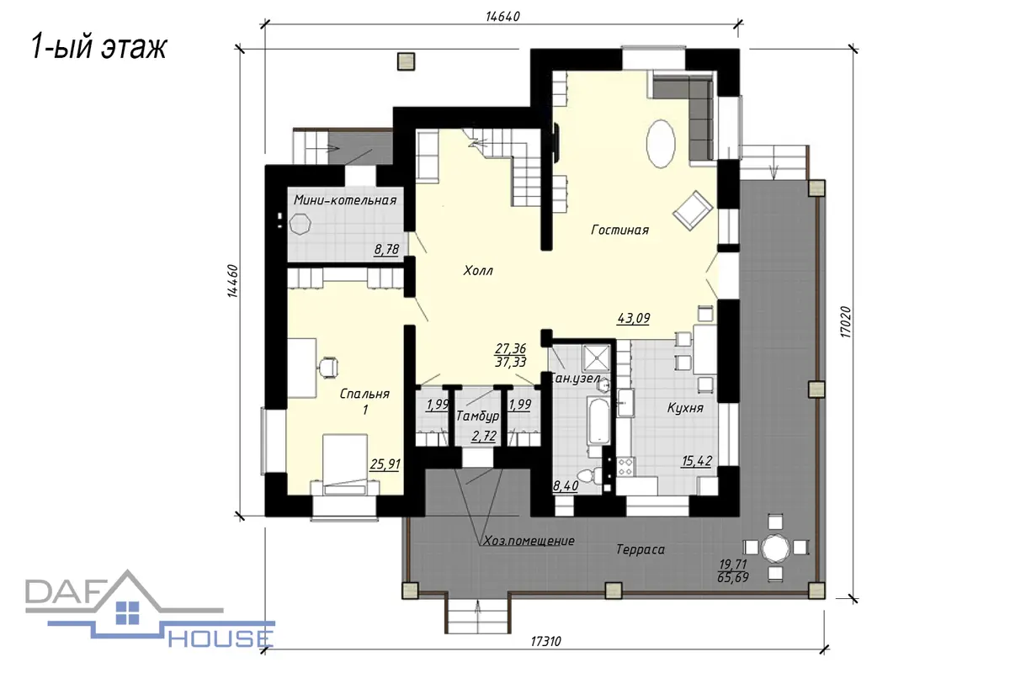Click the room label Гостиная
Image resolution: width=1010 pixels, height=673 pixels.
[620, 230]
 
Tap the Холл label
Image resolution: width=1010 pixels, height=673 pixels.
[478, 271]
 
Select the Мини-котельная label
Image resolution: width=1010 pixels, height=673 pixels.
[345, 200]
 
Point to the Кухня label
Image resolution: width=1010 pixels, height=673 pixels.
[685, 408]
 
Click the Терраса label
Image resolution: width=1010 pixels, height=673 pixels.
[641, 549]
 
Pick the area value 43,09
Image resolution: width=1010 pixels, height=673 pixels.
[634, 318]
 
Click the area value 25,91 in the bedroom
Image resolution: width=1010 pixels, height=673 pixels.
[385, 464]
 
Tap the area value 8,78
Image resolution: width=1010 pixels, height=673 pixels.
[386, 249]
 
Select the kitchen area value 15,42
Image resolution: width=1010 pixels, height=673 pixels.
[697, 461]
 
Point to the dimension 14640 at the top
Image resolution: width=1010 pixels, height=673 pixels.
[502, 16]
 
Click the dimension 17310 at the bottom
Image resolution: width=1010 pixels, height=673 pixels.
[545, 641]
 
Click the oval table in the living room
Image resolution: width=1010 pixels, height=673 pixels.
[661, 144]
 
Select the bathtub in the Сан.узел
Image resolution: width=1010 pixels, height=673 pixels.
[598, 420]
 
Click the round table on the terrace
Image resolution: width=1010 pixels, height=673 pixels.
[775, 548]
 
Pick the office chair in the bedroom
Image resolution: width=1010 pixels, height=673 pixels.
[329, 367]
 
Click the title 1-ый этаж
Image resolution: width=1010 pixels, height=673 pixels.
[98, 47]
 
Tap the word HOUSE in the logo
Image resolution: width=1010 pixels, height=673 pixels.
[221, 639]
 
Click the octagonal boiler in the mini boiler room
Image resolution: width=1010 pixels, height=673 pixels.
[300, 224]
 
